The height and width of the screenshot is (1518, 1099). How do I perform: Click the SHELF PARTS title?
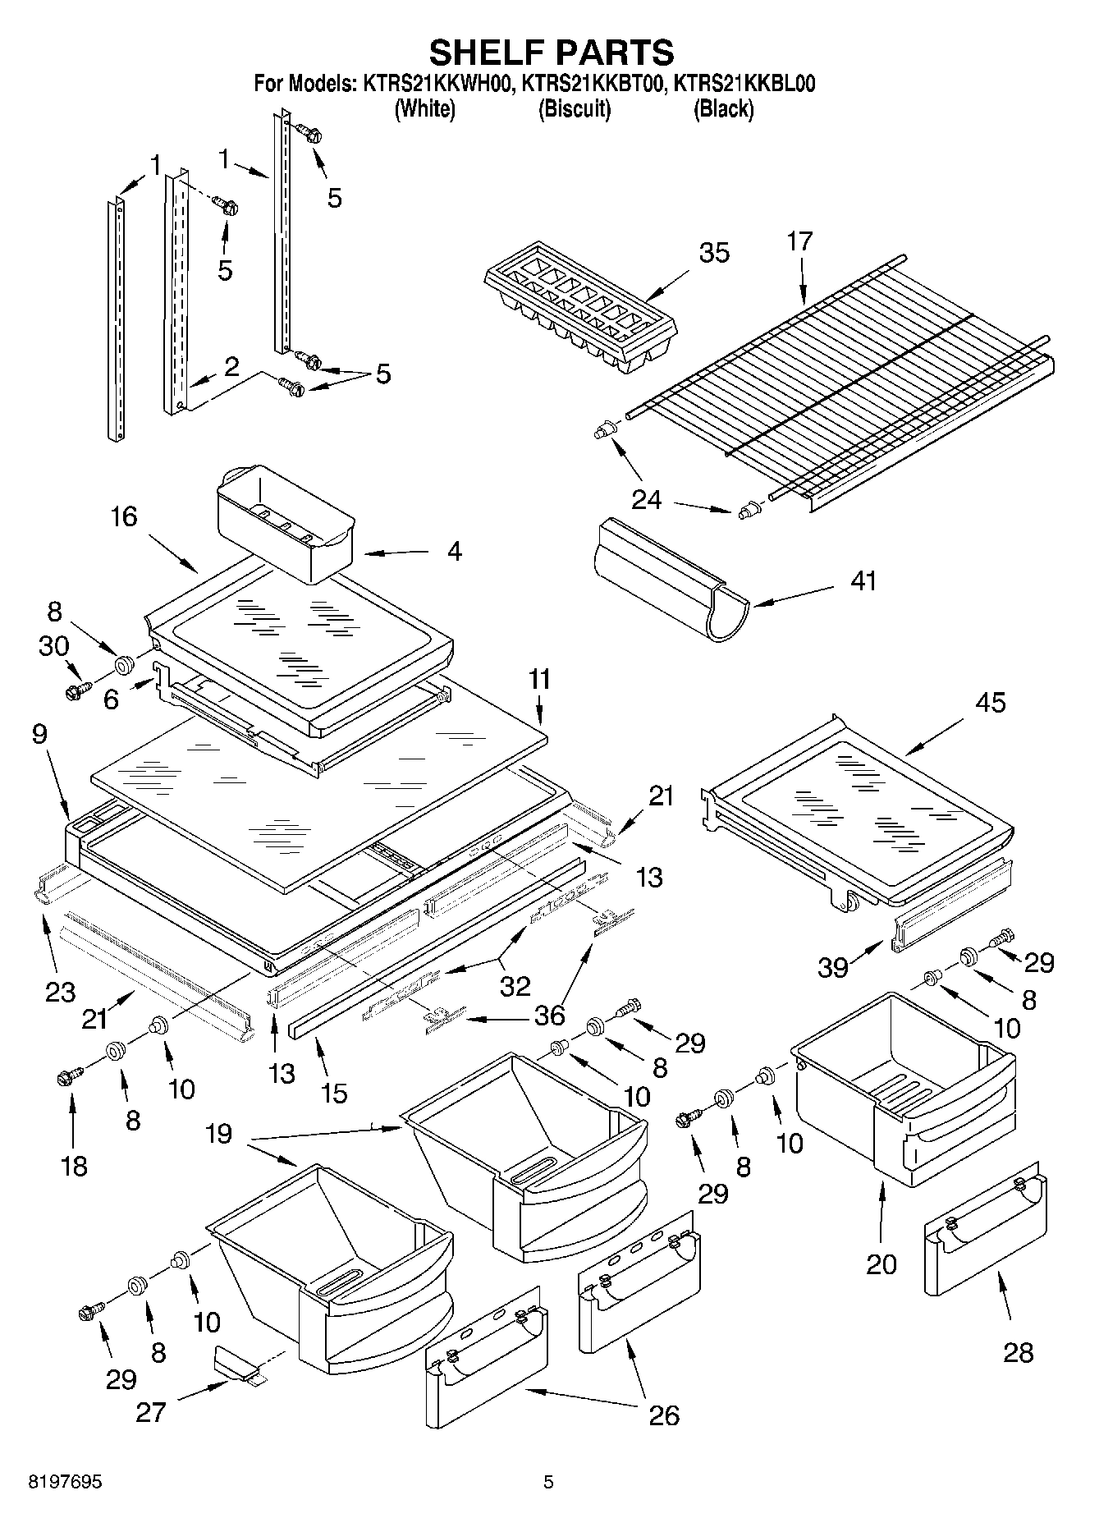click(x=551, y=52)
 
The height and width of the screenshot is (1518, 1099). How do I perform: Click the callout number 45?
click(x=990, y=703)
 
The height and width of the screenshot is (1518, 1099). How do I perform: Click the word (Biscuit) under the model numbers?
click(x=574, y=109)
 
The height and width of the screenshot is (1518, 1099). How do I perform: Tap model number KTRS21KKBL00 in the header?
click(x=743, y=84)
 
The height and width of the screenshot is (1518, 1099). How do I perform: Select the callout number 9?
click(x=39, y=733)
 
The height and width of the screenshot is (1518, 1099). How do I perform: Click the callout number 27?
click(x=152, y=1412)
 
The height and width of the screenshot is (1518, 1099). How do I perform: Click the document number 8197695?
click(x=65, y=1482)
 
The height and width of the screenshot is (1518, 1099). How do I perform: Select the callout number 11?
click(x=539, y=680)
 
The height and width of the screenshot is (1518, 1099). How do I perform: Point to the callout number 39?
click(x=832, y=968)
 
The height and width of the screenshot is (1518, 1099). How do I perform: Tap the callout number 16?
click(x=124, y=516)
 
